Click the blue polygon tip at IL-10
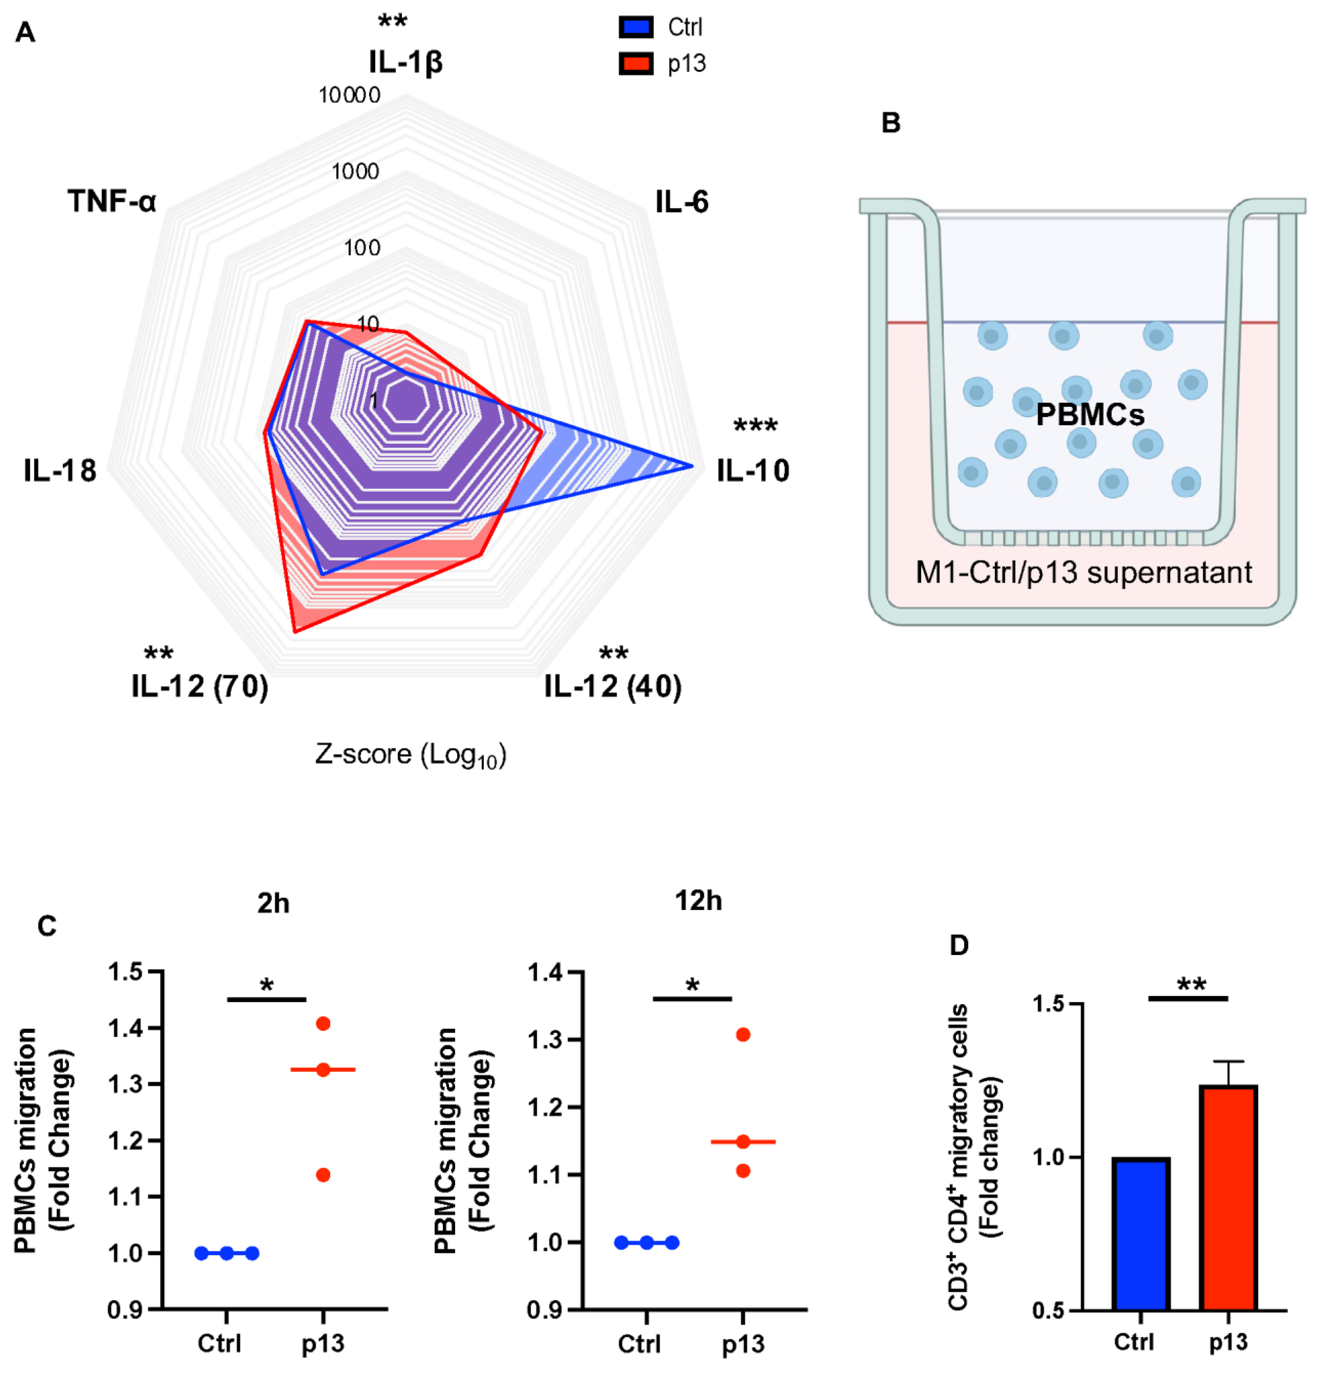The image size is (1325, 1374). click(692, 466)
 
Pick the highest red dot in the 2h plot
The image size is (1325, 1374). click(323, 1024)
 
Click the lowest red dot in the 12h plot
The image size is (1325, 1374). click(743, 1171)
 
